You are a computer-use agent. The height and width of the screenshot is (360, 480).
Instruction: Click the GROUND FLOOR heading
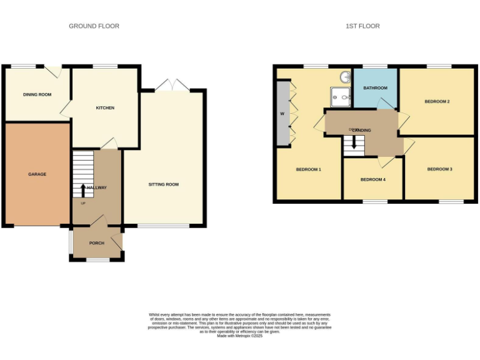pos(94,26)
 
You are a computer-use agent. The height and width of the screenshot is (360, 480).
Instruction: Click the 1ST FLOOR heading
pos(362,26)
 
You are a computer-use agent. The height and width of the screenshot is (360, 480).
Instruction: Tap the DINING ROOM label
pos(37,95)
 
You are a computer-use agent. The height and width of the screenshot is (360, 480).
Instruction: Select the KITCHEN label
pos(105,108)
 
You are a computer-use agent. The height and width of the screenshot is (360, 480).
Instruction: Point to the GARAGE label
pos(37,174)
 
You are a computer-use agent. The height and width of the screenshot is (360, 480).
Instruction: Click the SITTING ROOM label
pos(164,185)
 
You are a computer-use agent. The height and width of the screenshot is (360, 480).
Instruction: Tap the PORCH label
pos(96,243)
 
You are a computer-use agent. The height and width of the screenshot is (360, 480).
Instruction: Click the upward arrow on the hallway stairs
pos(83,189)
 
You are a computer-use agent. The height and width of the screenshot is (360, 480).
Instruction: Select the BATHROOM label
pos(376,88)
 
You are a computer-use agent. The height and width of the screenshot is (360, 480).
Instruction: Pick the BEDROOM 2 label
pos(437,101)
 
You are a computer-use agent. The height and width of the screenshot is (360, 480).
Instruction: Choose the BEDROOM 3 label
pos(439,169)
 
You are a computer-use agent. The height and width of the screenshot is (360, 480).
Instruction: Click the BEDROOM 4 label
pos(373,180)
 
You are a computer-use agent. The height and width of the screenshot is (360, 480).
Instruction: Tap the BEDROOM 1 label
pos(308,169)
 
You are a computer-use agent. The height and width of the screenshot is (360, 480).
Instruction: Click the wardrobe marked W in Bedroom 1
pos(282,114)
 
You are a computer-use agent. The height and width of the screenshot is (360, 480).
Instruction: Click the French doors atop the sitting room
pos(172,86)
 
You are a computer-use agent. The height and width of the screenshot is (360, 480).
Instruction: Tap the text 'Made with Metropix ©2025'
pos(239,336)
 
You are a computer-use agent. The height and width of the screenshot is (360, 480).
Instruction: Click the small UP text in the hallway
pos(83,203)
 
